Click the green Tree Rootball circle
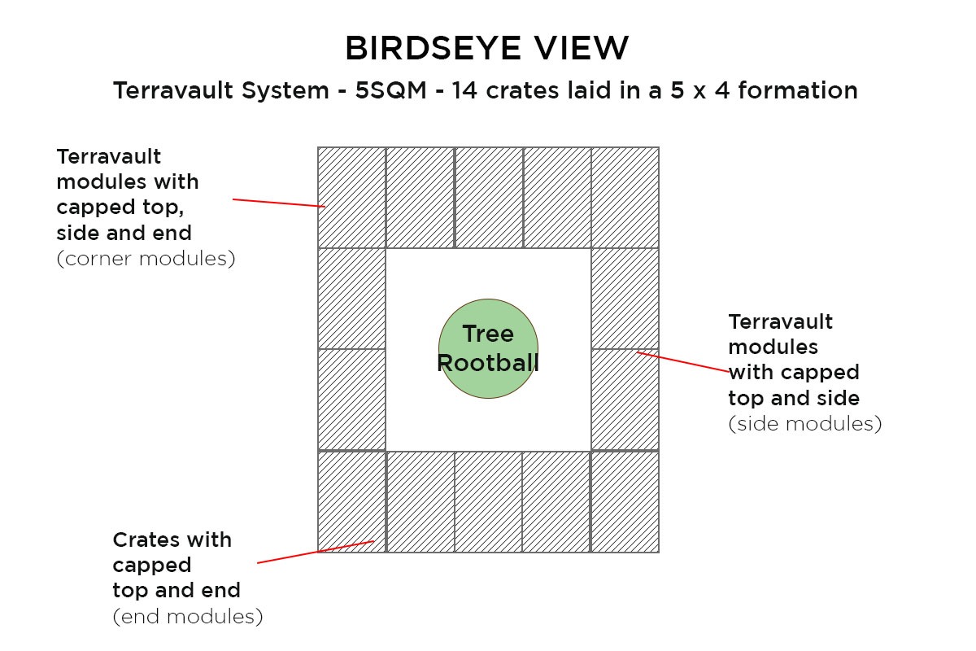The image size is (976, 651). [x=488, y=348]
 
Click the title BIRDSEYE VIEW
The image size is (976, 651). [x=486, y=47]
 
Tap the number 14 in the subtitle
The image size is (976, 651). [x=464, y=90]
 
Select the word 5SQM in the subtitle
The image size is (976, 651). [x=390, y=90]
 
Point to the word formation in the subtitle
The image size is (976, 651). [x=797, y=90]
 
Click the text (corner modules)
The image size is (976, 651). [x=146, y=259]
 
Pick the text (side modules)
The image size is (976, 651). [x=804, y=424]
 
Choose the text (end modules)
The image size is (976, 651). [x=188, y=617]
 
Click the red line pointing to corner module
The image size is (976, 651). [x=279, y=203]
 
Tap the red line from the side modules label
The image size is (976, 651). [x=682, y=362]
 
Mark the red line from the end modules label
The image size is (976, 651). [x=316, y=552]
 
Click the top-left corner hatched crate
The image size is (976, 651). [x=351, y=198]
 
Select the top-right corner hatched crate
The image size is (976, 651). [x=625, y=198]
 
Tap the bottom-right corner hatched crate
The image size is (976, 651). [x=625, y=502]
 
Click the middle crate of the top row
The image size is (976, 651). [x=489, y=198]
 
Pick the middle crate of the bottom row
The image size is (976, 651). [x=489, y=502]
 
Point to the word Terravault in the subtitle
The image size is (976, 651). [x=174, y=90]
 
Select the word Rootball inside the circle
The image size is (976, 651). [x=488, y=363]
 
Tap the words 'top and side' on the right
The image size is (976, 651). [x=794, y=398]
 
